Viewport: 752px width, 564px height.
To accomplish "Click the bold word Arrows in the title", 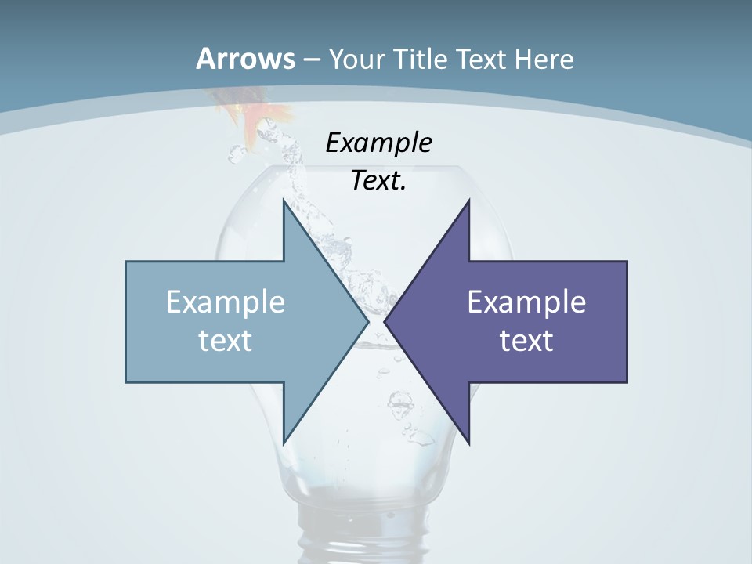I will (x=246, y=59).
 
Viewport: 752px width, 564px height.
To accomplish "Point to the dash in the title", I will (x=311, y=60).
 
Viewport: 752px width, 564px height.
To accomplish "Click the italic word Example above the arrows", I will (x=378, y=143).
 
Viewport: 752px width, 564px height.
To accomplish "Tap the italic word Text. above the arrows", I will (x=378, y=180).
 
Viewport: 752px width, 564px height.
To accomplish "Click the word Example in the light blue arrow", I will (x=226, y=302).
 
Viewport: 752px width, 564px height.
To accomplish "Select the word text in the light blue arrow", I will (x=226, y=340).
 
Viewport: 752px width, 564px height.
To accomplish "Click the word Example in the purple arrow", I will (x=526, y=302).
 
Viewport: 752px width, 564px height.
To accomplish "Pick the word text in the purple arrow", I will (x=526, y=340).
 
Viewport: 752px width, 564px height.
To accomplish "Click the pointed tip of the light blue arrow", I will (x=366, y=321).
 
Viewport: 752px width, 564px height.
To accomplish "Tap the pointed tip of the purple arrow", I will (x=387, y=321).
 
